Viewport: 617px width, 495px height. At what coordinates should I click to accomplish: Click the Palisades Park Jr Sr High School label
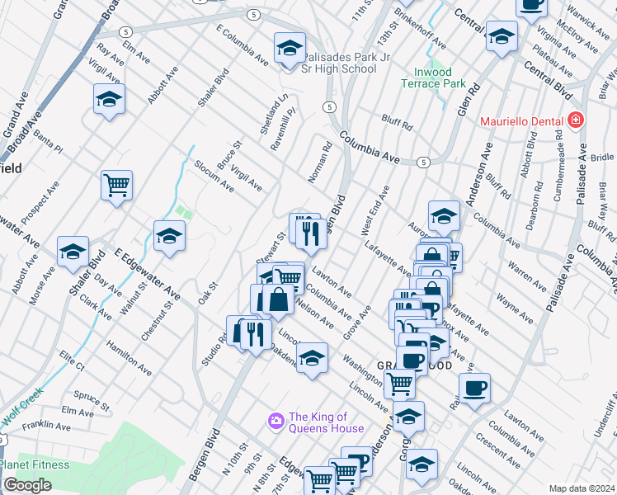[x=341, y=63]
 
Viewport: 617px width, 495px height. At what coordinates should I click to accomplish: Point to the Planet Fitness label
[x=35, y=464]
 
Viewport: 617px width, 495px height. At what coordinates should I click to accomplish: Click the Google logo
[x=27, y=485]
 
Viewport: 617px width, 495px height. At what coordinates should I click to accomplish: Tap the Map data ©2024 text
[x=581, y=488]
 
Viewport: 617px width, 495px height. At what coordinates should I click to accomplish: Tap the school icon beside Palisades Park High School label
[x=290, y=50]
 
